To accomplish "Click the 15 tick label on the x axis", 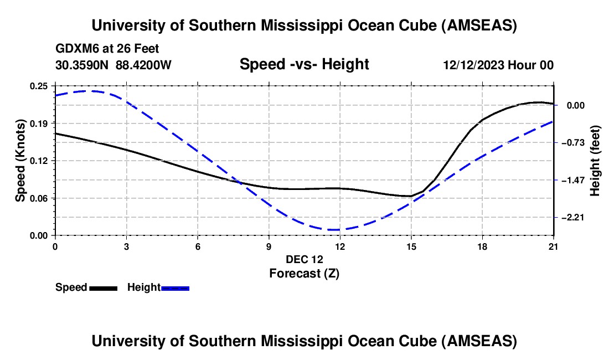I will [411, 246].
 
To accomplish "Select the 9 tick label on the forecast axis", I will [269, 246].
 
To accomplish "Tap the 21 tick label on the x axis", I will [554, 246].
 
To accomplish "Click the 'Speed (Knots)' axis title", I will [20, 161].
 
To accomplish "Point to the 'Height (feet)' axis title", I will [595, 161].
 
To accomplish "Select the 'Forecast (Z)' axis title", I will [304, 273].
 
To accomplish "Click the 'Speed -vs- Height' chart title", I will [304, 64].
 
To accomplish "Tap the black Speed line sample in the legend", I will [103, 287].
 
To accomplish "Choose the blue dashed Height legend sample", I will [176, 287].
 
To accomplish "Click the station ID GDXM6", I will [76, 49].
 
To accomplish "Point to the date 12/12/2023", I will [473, 65].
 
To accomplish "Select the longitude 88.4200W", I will [143, 65].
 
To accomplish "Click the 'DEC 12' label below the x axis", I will [304, 259].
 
